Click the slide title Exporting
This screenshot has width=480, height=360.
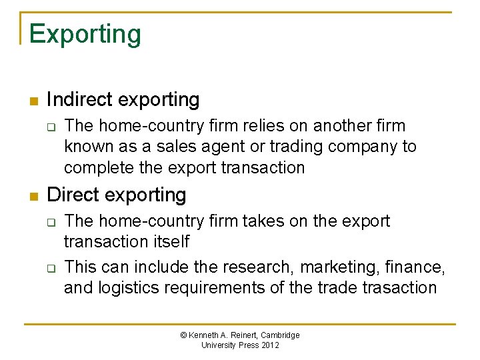(85, 33)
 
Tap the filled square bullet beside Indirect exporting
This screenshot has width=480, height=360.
(33, 102)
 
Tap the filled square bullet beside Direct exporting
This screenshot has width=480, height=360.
(33, 197)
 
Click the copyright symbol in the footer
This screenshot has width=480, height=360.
(184, 335)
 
